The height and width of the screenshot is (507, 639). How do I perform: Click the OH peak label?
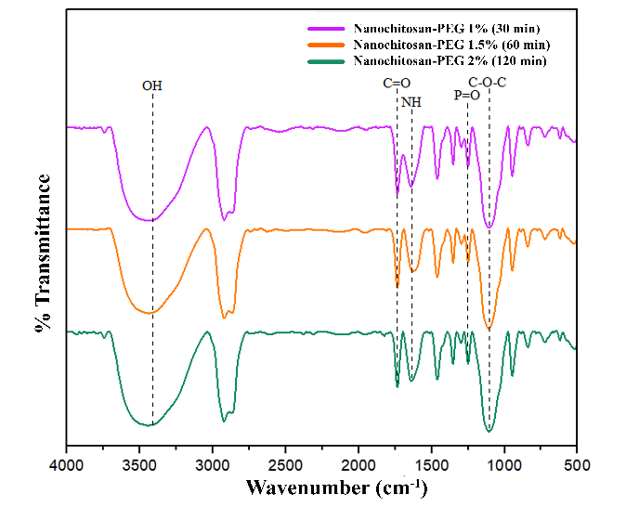(152, 85)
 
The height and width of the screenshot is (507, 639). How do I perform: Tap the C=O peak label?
(397, 84)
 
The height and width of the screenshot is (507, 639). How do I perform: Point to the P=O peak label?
(466, 95)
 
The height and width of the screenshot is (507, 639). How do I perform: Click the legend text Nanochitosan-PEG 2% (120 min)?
(450, 59)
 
